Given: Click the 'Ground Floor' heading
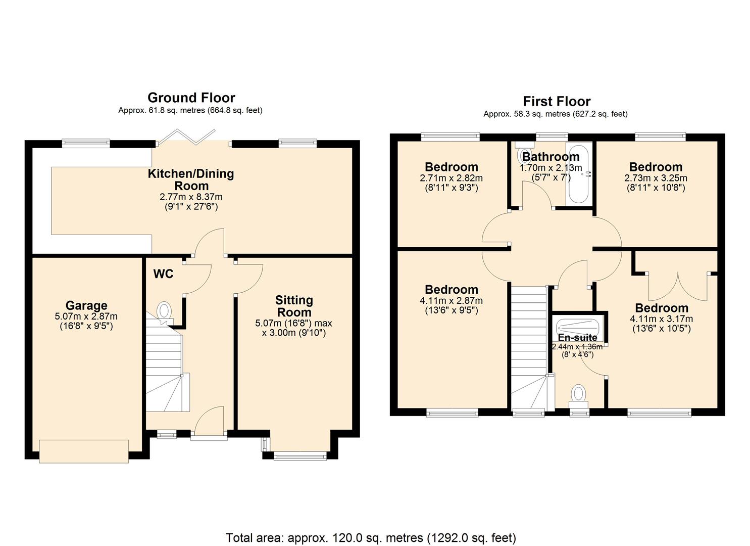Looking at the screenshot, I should tap(191, 98).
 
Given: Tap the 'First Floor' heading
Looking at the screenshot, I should tap(556, 101).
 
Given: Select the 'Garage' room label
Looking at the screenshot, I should tap(86, 305).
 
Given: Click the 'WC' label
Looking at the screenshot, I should tap(163, 274).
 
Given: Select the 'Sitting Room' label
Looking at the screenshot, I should tap(294, 306).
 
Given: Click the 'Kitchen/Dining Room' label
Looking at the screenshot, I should tap(190, 179).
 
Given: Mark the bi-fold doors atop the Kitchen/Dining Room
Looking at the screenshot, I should tap(192, 136).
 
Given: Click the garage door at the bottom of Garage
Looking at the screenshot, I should tap(84, 451).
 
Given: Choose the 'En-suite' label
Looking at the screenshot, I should tap(577, 337).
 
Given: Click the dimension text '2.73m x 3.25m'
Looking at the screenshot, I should tap(656, 178).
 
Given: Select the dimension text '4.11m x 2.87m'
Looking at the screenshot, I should tap(451, 301).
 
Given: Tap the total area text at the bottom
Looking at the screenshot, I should tap(371, 537).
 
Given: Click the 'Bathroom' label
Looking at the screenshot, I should tap(551, 156).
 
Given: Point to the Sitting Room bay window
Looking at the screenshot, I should tap(299, 456).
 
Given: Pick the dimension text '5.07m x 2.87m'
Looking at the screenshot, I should tap(86, 316).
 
